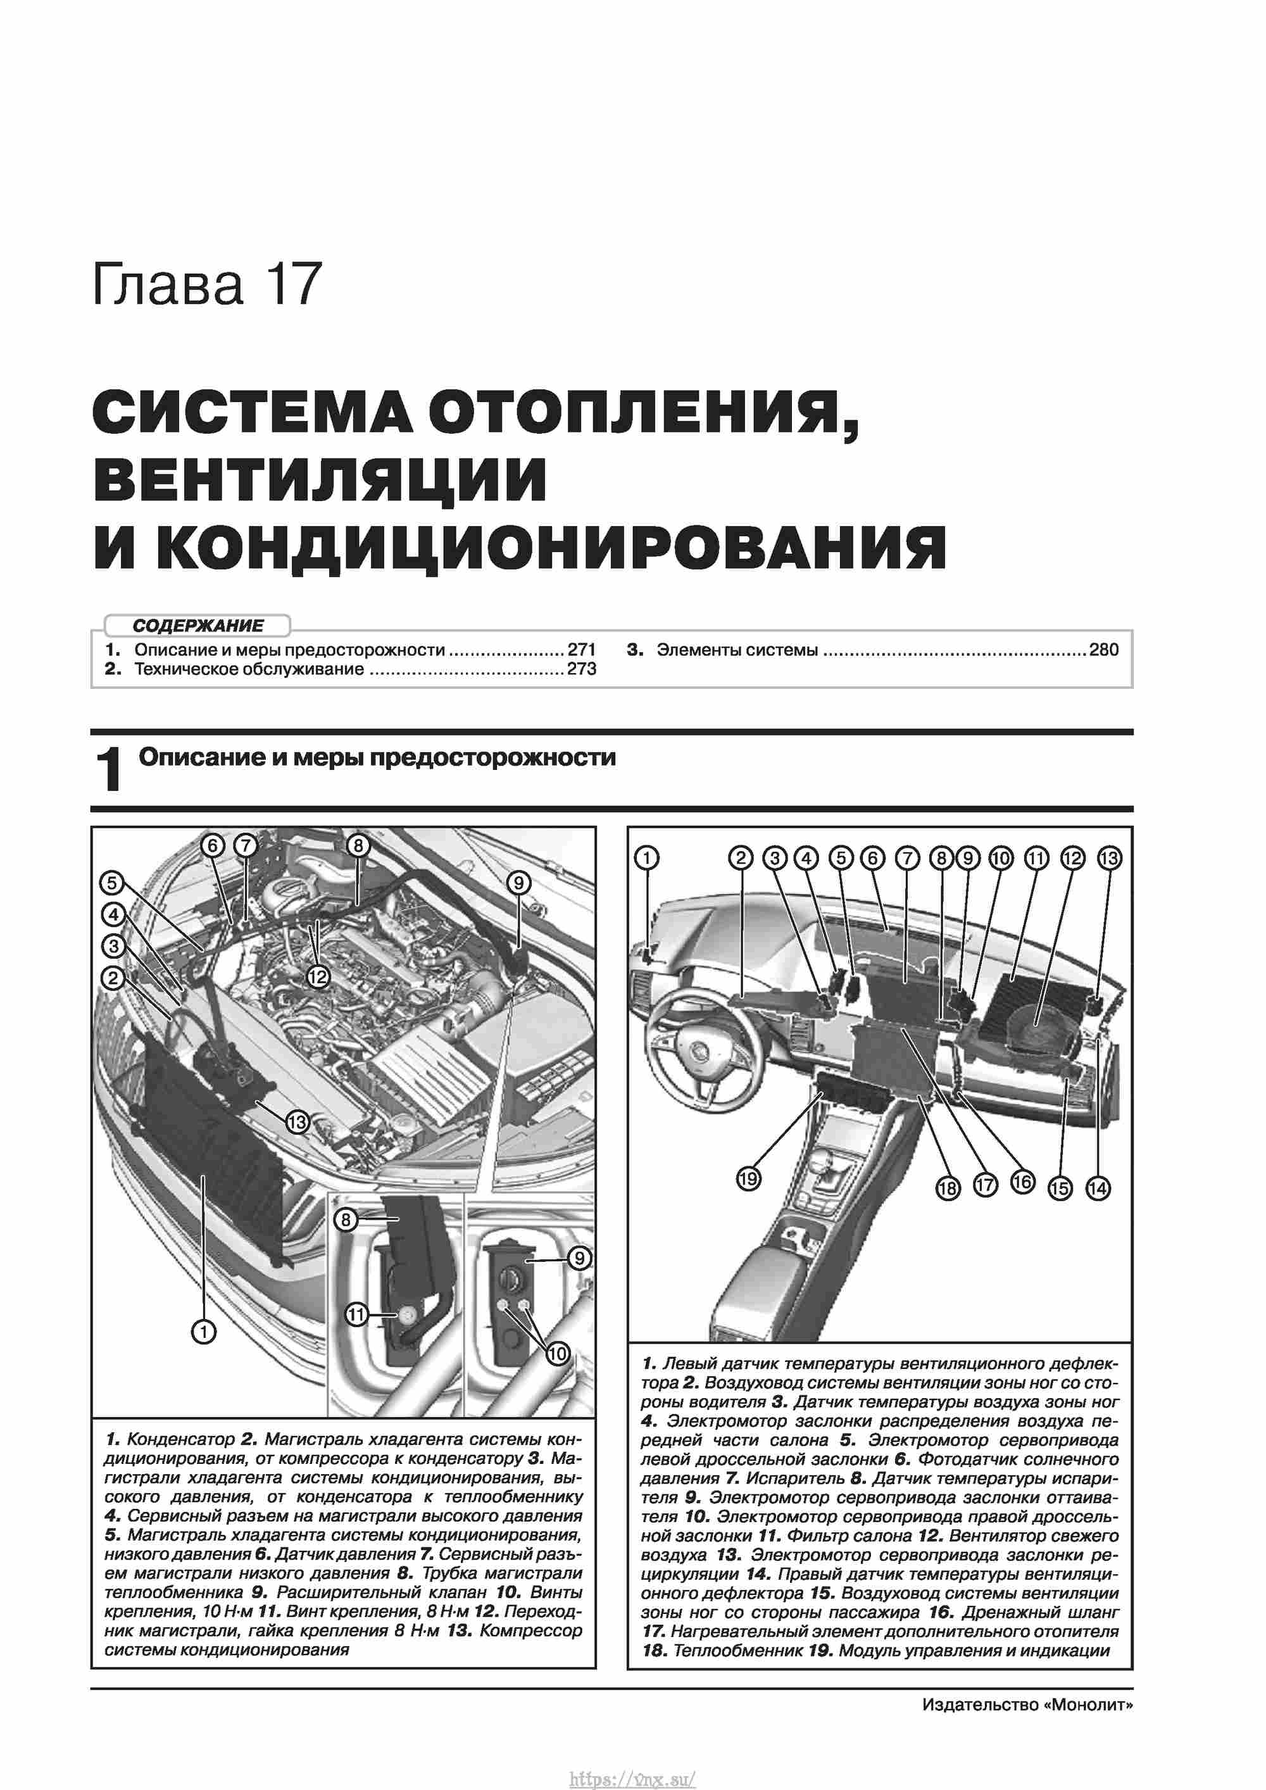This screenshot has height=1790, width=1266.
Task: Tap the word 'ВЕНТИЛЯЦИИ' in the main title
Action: click(x=320, y=479)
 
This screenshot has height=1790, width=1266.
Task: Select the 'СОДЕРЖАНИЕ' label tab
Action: click(x=198, y=625)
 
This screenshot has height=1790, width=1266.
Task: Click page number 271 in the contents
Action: click(x=582, y=650)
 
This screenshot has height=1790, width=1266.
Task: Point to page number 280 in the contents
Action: click(x=1104, y=650)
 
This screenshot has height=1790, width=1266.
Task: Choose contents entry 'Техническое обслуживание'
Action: click(x=249, y=669)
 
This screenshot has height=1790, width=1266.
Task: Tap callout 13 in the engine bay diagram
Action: click(x=297, y=1123)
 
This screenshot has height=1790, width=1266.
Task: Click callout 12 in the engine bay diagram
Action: click(x=318, y=977)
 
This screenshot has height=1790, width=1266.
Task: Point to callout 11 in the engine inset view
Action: click(x=356, y=1315)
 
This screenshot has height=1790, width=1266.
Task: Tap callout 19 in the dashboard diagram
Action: click(x=748, y=1179)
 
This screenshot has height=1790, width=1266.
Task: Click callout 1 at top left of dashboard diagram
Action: click(x=646, y=859)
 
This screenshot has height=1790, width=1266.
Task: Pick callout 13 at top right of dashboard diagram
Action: click(x=1108, y=859)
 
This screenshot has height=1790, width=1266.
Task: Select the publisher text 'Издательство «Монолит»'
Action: click(x=1027, y=1705)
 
